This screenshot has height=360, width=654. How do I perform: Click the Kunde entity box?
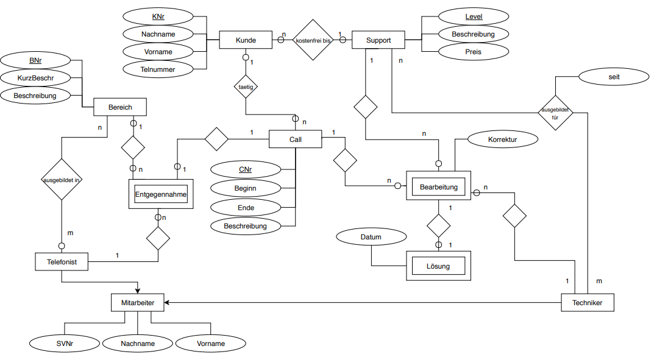click(246, 40)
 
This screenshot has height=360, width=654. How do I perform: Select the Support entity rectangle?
click(379, 40)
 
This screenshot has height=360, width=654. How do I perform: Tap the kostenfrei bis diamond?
click(313, 40)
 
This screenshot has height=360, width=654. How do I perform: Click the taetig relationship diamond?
click(246, 86)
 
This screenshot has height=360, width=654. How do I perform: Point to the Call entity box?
click(295, 139)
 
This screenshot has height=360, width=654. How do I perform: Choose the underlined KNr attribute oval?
click(158, 16)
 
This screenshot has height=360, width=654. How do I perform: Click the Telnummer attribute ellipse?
click(158, 69)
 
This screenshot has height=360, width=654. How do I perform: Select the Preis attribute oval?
click(474, 52)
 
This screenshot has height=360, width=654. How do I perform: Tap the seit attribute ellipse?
click(614, 77)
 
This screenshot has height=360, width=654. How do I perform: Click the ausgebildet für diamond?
click(555, 113)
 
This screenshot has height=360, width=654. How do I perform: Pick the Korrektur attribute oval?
click(503, 139)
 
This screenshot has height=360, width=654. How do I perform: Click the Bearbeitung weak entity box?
click(438, 185)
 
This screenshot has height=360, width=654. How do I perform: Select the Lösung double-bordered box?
click(438, 266)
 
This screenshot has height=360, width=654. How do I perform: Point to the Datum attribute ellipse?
click(371, 237)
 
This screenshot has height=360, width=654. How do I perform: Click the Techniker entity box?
click(588, 303)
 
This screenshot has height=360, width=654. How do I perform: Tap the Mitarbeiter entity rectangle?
click(138, 303)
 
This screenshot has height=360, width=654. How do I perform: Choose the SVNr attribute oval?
click(65, 344)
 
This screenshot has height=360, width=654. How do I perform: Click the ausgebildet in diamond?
click(62, 180)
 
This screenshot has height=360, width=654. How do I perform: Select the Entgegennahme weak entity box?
click(161, 194)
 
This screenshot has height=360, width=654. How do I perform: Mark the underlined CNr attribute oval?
click(246, 169)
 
